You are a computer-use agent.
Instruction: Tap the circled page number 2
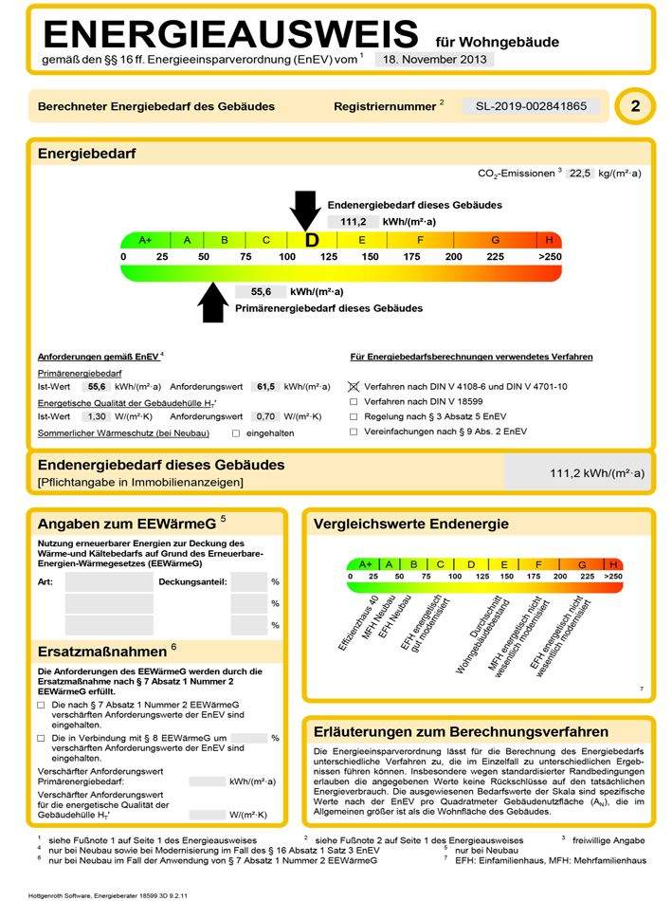[634, 106]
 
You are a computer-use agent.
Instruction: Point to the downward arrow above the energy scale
[305, 210]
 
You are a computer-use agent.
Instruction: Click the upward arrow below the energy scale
[214, 303]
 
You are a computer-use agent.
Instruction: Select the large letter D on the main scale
[311, 240]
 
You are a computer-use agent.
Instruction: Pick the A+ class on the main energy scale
[145, 240]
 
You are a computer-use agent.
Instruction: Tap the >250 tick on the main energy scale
[549, 257]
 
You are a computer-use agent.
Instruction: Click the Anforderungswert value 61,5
[266, 387]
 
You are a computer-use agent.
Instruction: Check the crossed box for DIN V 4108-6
[354, 387]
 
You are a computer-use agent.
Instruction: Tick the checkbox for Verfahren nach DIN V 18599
[354, 402]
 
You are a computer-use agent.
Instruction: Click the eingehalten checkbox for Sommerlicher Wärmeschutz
[236, 432]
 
